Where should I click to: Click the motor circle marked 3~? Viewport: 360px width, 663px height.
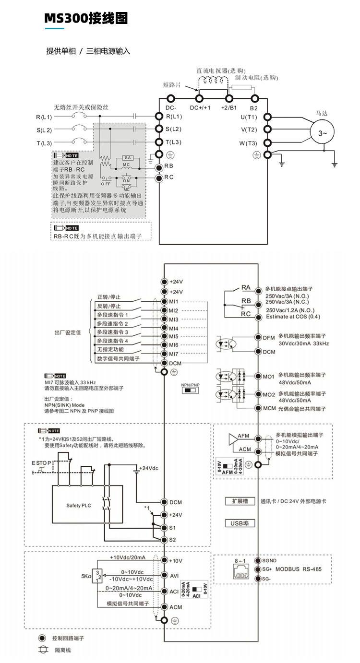[x=323, y=134]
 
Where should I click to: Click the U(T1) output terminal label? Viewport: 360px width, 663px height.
[x=249, y=117]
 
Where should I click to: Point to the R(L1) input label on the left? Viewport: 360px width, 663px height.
[x=44, y=117]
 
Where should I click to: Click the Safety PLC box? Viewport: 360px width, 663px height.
[x=79, y=505]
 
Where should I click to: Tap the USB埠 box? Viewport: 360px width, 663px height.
[x=240, y=523]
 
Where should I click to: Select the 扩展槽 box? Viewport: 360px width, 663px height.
[x=240, y=501]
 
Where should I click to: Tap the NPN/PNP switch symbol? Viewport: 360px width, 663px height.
[x=190, y=391]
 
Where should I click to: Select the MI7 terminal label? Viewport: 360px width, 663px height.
[x=174, y=354]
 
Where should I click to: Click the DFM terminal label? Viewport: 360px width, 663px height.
[x=269, y=338]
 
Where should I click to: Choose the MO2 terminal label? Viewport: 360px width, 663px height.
[x=269, y=395]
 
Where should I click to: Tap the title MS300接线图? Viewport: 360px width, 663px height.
[x=86, y=18]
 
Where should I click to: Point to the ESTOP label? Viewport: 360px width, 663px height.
[x=42, y=462]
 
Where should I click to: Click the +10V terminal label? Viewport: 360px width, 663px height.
[x=176, y=560]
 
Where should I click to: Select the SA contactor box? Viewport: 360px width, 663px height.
[x=127, y=158]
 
